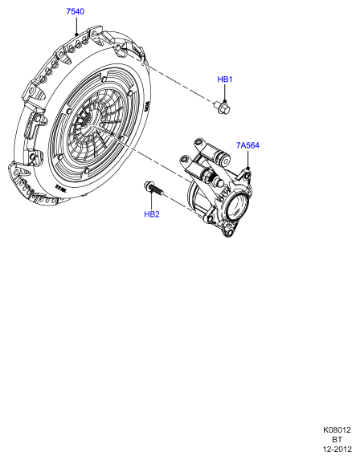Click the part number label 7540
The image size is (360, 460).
pyautogui.click(x=76, y=11)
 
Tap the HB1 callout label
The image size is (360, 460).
pyautogui.click(x=225, y=79)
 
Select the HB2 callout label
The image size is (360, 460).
pyautogui.click(x=152, y=214)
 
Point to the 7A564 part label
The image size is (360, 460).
pyautogui.click(x=247, y=145)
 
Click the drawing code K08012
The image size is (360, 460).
pyautogui.click(x=337, y=430)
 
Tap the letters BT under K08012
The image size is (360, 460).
pyautogui.click(x=337, y=439)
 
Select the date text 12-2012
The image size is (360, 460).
pyautogui.click(x=337, y=449)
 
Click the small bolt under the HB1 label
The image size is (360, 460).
pyautogui.click(x=223, y=107)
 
